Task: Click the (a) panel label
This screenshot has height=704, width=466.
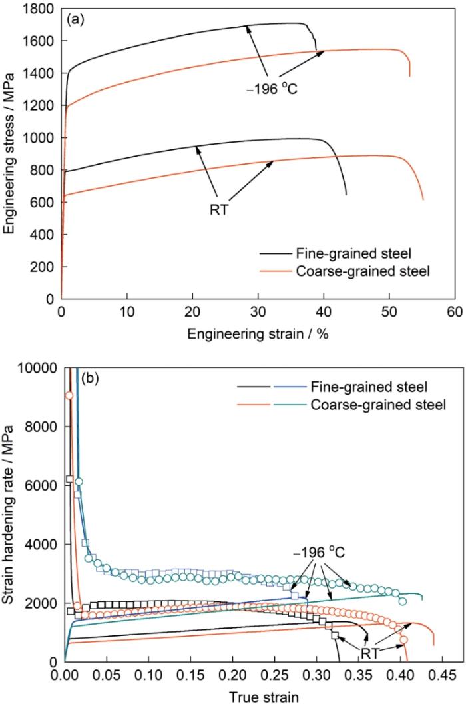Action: click(x=75, y=19)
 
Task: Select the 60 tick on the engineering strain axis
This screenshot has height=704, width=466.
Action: click(x=455, y=313)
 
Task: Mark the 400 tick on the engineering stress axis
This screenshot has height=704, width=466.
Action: click(x=47, y=234)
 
